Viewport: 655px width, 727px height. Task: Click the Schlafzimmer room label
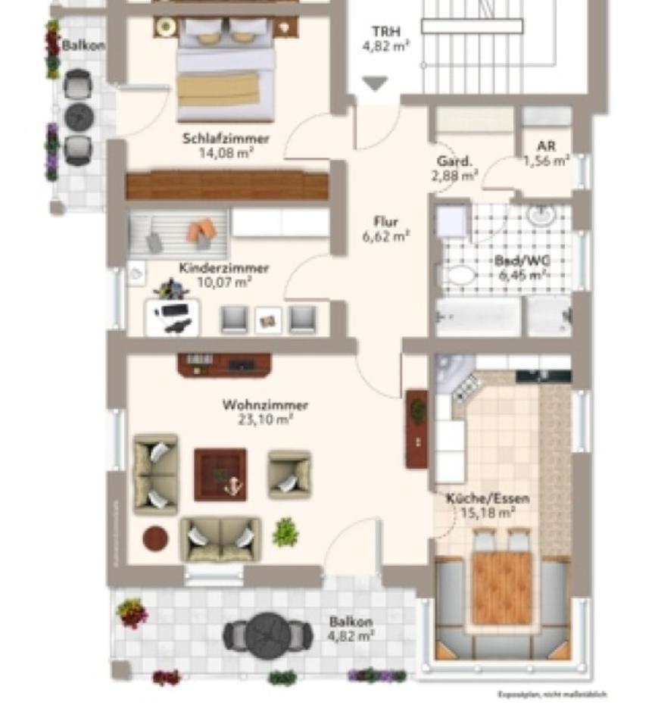click(226, 139)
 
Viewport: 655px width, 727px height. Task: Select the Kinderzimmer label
click(223, 268)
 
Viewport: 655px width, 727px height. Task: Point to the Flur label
click(386, 222)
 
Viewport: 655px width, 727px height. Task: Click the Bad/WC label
click(522, 261)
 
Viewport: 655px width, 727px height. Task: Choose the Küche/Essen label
click(487, 498)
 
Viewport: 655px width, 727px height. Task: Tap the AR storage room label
click(546, 146)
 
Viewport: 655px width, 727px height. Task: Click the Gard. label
click(454, 161)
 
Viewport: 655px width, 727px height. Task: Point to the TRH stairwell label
click(385, 32)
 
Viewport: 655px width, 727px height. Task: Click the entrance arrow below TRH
click(374, 83)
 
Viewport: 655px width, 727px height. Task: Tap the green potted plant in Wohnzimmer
click(285, 532)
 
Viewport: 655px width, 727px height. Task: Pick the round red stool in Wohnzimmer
click(155, 538)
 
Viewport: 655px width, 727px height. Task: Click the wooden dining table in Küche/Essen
click(501, 587)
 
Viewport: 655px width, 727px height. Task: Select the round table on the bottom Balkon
click(267, 633)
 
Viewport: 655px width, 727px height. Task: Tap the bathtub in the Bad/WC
click(479, 317)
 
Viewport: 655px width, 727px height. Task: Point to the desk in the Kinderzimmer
click(173, 317)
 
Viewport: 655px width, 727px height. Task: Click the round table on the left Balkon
click(79, 117)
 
